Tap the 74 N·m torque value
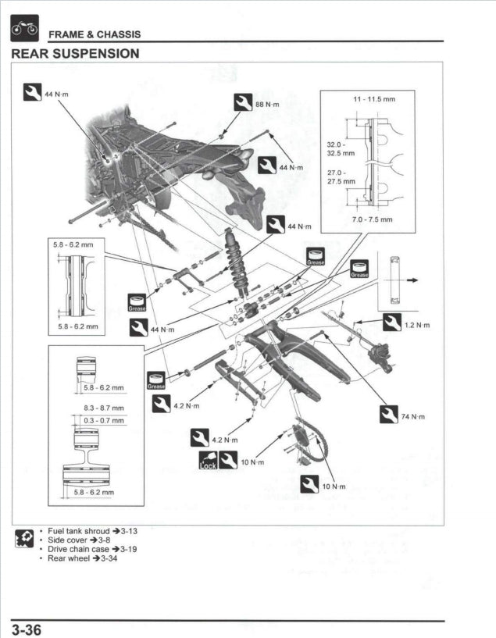(x=412, y=417)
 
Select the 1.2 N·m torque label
(x=417, y=325)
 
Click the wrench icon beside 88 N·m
(x=243, y=102)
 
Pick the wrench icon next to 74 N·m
(x=388, y=415)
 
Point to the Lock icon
(x=206, y=461)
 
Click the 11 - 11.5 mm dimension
(x=374, y=100)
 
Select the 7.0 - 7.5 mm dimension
(x=373, y=219)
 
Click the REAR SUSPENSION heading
(x=76, y=54)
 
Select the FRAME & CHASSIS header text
(x=95, y=34)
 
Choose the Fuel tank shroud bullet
(x=92, y=530)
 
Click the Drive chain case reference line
(x=92, y=549)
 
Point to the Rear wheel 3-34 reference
(x=82, y=558)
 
